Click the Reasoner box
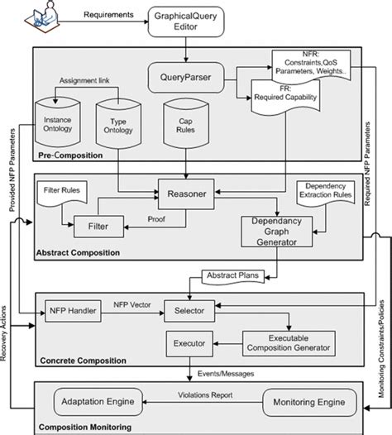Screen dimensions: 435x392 pos(187,195)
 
